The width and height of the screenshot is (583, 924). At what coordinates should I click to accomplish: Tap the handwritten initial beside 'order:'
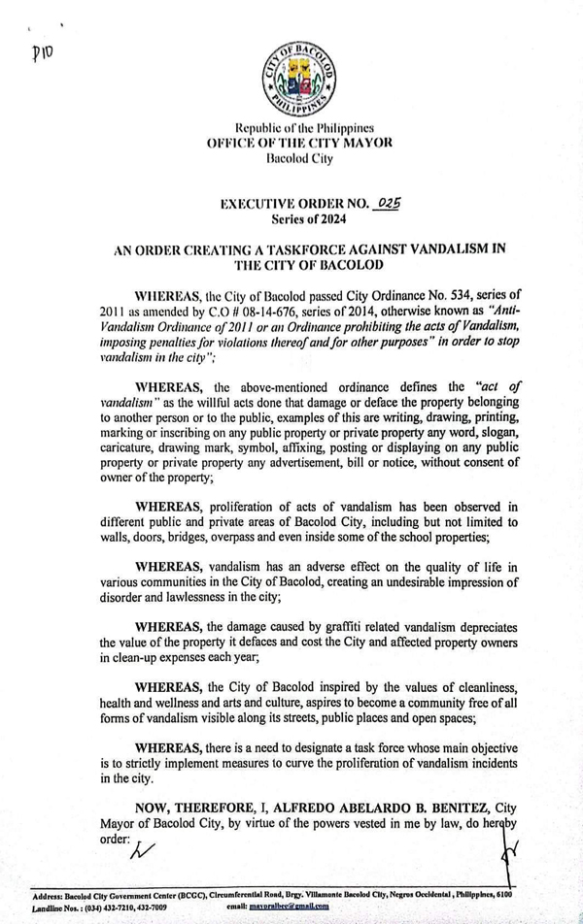pyautogui.click(x=144, y=850)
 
